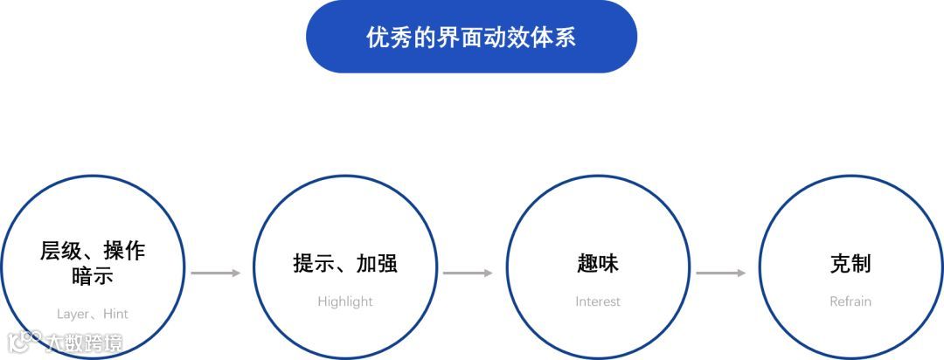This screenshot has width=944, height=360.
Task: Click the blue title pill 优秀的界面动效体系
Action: click(471, 37)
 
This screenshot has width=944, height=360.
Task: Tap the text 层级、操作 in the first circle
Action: click(93, 252)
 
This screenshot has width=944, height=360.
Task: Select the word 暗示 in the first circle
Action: click(93, 277)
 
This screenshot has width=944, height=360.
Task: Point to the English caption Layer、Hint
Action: click(93, 314)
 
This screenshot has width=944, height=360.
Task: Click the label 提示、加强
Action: click(345, 264)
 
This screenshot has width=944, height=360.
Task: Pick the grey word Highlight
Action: click(345, 301)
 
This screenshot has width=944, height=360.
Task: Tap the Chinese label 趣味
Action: click(598, 264)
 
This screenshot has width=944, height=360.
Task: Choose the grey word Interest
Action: click(598, 301)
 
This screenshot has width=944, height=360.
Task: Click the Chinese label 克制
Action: click(850, 264)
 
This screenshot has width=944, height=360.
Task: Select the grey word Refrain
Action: click(850, 301)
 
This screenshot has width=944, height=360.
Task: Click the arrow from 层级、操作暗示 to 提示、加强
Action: click(215, 273)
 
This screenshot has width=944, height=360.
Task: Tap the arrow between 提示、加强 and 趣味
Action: click(468, 273)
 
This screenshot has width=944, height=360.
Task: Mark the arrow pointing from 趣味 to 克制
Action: click(720, 273)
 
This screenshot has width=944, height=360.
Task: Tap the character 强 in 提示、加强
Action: click(387, 264)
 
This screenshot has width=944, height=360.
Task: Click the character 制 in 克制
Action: click(862, 264)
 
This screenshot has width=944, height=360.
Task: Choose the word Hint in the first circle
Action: click(115, 314)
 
